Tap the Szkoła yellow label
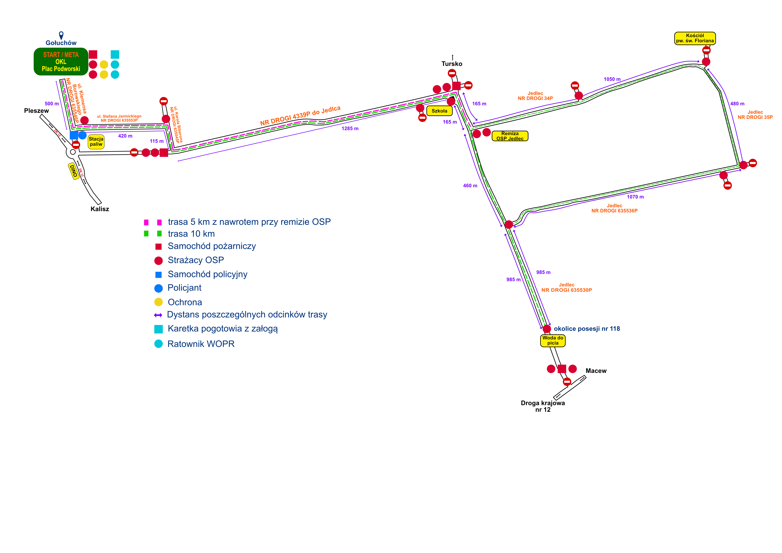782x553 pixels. click(x=439, y=111)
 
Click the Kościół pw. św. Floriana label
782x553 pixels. click(x=695, y=38)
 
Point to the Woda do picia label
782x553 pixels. click(x=553, y=341)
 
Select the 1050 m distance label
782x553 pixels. click(x=612, y=79)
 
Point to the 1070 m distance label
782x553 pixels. click(x=635, y=197)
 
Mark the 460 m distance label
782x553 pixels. click(x=470, y=186)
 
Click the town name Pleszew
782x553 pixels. click(x=36, y=111)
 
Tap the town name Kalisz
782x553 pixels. click(x=100, y=209)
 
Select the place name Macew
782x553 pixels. click(x=596, y=371)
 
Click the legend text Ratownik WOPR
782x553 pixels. click(x=201, y=344)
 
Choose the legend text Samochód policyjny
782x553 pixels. click(x=207, y=274)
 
